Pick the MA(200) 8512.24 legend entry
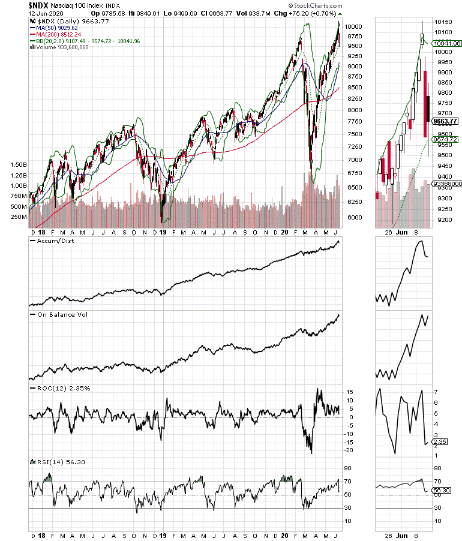(x=57, y=34)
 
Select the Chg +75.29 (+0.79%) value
(x=310, y=13)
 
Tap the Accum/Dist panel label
(x=54, y=241)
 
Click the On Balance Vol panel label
(x=58, y=314)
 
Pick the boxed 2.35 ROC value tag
(x=440, y=442)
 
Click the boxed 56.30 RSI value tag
(x=442, y=491)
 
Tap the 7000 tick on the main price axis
(x=355, y=160)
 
